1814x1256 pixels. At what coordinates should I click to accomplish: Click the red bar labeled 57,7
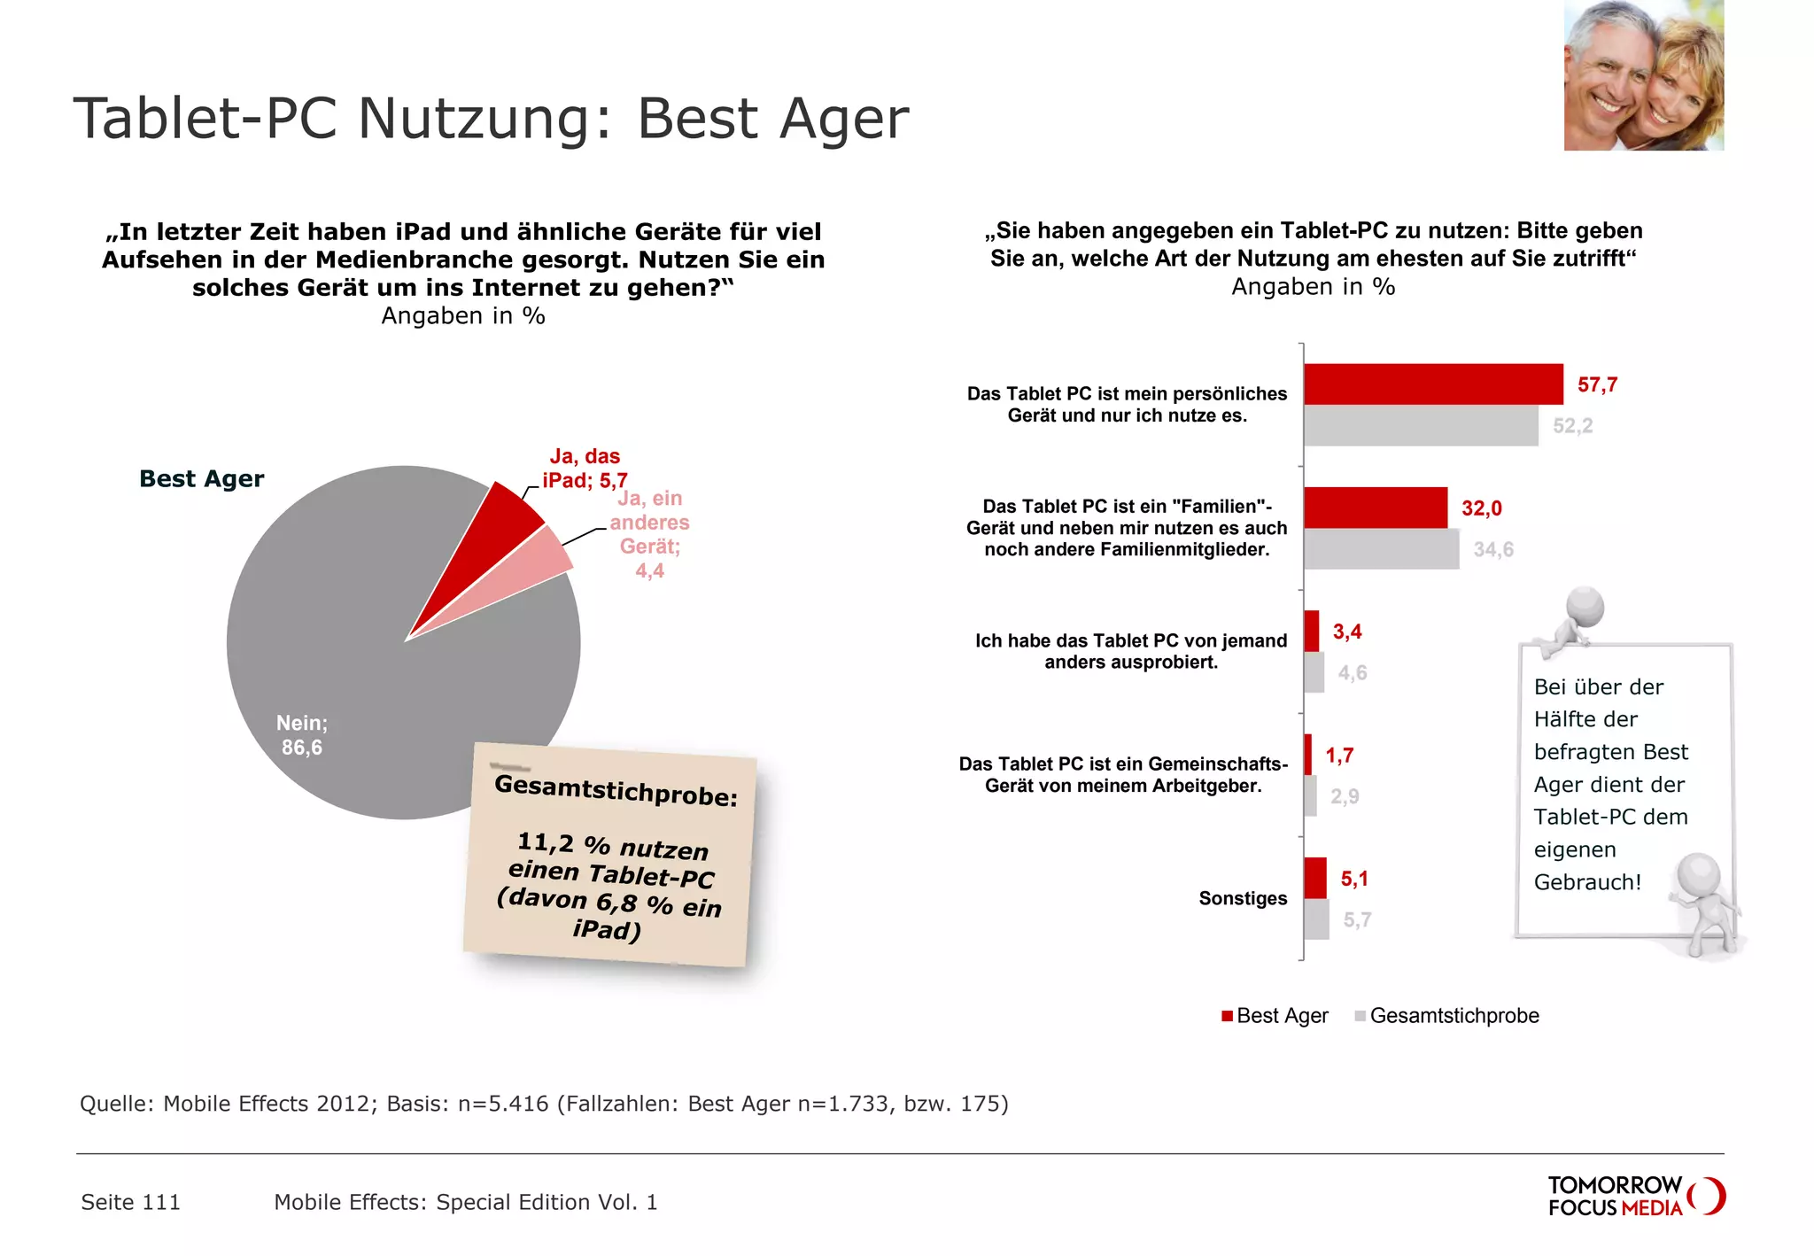tap(1433, 384)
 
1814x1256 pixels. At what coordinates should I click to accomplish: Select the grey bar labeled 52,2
tap(1421, 426)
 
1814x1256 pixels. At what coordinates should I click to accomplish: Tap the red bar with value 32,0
tap(1376, 508)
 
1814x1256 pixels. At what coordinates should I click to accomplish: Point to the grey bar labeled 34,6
tap(1381, 549)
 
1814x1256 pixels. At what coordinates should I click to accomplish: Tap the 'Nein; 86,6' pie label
tap(302, 735)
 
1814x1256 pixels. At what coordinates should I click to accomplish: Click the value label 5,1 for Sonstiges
tap(1354, 879)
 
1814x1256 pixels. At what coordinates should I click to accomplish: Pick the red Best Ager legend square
tap(1227, 1016)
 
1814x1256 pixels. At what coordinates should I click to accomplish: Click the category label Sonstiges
tap(1243, 898)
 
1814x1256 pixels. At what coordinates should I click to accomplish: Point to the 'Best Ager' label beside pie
tap(202, 478)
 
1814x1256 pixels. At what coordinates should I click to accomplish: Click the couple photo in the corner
tap(1643, 75)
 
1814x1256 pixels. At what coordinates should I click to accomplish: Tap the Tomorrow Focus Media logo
tap(1635, 1197)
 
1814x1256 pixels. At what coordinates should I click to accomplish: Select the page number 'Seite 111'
tap(131, 1202)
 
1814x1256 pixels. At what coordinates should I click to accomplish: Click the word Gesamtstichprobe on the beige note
tap(616, 790)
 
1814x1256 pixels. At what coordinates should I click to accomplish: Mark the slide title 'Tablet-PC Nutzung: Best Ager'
tap(492, 118)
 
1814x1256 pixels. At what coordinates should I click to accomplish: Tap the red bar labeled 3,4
tap(1312, 632)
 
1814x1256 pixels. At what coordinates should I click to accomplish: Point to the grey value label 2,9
tap(1345, 796)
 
